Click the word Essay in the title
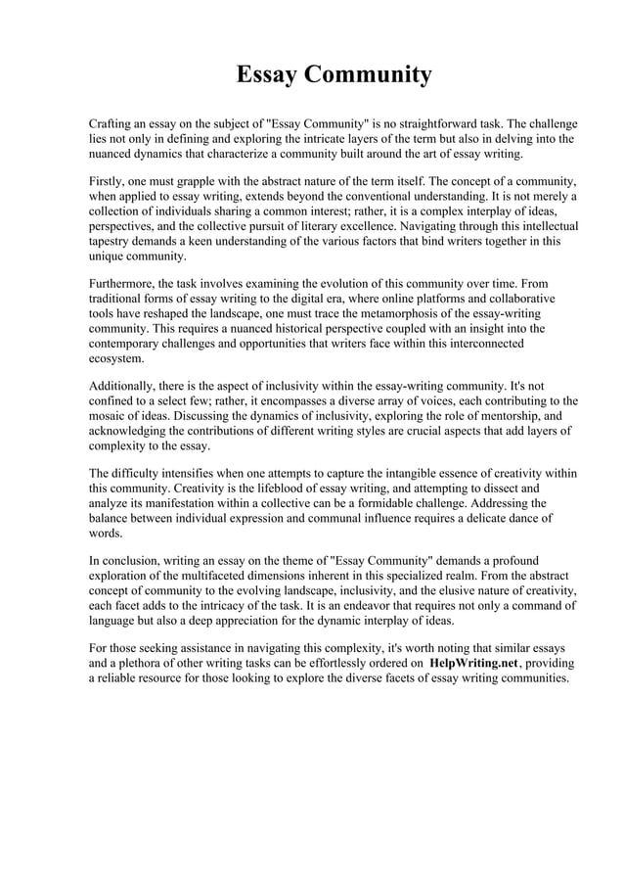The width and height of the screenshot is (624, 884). click(x=269, y=74)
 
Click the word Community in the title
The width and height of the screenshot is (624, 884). click(x=369, y=74)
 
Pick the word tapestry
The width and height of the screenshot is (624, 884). click(x=111, y=241)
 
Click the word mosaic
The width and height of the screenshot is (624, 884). click(x=111, y=416)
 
